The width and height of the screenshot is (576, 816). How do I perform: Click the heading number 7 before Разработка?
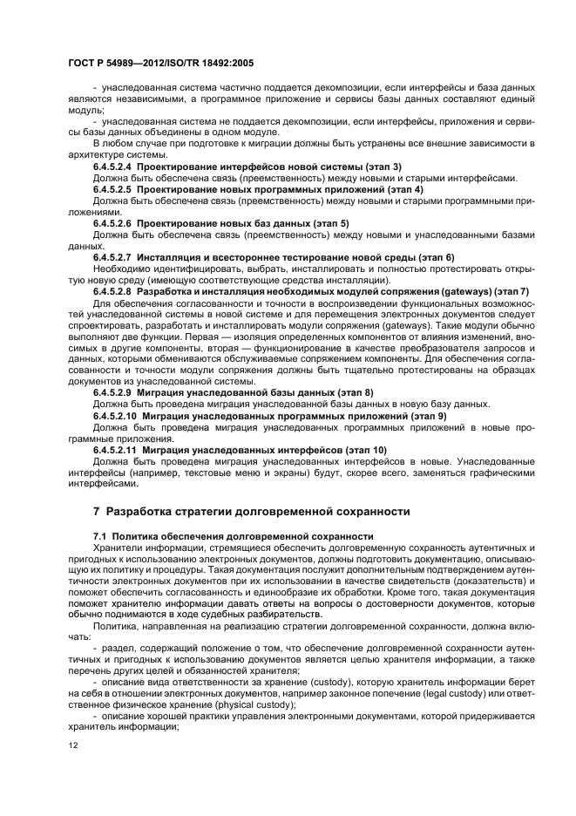pos(97,511)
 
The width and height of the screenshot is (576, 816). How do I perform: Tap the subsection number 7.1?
pos(98,534)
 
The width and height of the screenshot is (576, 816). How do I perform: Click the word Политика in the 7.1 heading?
pos(139,534)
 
